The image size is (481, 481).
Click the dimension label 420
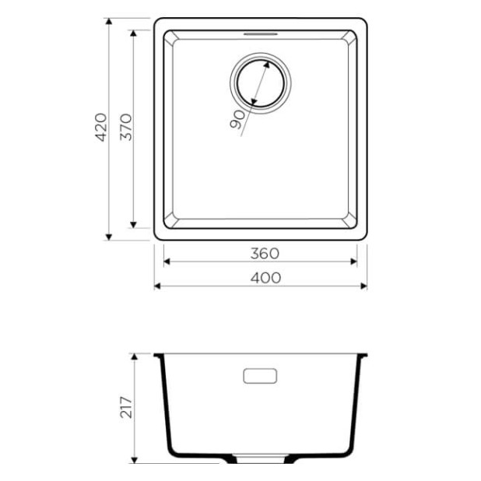click(x=100, y=128)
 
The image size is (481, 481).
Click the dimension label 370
click(x=126, y=128)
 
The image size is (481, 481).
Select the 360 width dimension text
click(x=265, y=253)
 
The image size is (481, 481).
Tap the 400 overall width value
click(x=265, y=278)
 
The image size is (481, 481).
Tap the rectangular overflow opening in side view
click(x=260, y=376)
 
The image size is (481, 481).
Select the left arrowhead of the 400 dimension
click(x=158, y=286)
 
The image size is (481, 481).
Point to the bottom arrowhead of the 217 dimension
click(x=137, y=458)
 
